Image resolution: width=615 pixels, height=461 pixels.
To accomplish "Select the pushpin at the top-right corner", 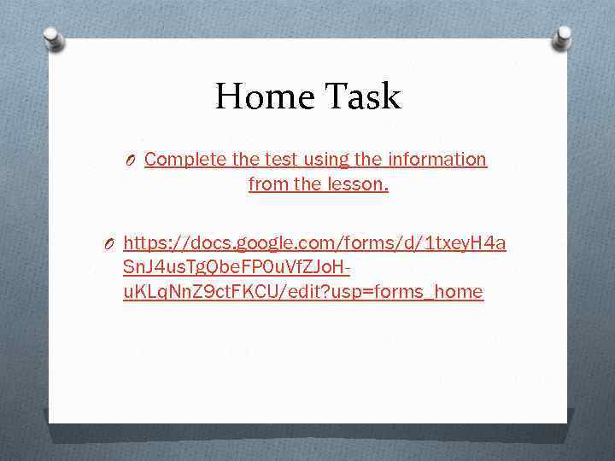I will point(561,37).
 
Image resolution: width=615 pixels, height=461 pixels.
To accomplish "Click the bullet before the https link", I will point(110,246).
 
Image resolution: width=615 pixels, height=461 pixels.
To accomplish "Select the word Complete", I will point(185,160).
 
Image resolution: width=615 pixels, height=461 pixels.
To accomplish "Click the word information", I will point(436,160).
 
